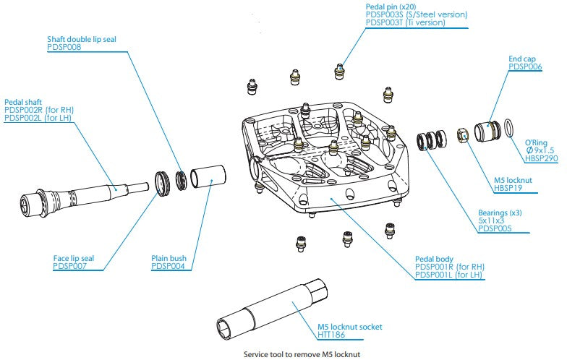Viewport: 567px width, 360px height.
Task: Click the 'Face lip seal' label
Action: pyautogui.click(x=76, y=258)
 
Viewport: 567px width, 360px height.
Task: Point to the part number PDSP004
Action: pyautogui.click(x=168, y=266)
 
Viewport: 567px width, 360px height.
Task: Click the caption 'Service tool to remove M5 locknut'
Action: pyautogui.click(x=302, y=354)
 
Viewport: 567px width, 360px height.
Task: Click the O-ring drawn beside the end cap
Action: pyautogui.click(x=508, y=127)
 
